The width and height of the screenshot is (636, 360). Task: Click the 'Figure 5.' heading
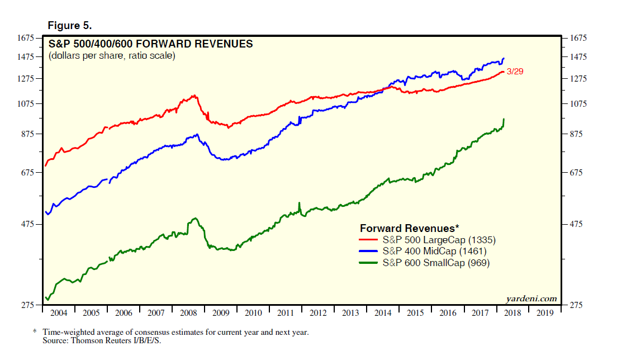(x=70, y=26)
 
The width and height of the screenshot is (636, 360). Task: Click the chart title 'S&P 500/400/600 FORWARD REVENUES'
(x=151, y=44)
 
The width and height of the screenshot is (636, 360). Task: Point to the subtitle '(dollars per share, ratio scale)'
(x=112, y=56)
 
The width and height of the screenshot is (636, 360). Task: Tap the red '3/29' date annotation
(x=515, y=72)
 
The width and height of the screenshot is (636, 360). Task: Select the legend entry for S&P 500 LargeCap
(x=439, y=240)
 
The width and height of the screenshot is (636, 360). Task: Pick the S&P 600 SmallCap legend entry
(x=436, y=263)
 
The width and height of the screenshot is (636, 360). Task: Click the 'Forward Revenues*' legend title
(x=409, y=228)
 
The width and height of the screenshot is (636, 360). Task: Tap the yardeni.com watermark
(x=531, y=299)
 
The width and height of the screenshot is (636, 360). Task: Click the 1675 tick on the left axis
(x=26, y=38)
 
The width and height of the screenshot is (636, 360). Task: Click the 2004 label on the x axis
(x=59, y=313)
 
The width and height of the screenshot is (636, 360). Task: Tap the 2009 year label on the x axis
(x=221, y=313)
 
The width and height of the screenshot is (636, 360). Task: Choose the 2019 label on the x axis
(x=545, y=313)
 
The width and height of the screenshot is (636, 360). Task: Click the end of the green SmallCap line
(x=504, y=119)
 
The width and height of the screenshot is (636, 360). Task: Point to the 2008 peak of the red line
(x=194, y=96)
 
